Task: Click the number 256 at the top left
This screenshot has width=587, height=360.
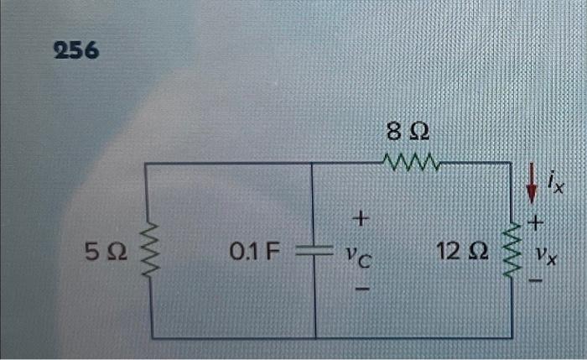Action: point(75,51)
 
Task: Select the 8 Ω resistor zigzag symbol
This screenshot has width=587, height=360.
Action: point(408,160)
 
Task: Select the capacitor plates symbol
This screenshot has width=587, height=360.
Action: point(314,249)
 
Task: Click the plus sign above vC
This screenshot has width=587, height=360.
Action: point(360,220)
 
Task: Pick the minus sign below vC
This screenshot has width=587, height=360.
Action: point(361,288)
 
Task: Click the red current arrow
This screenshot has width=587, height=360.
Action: point(530,183)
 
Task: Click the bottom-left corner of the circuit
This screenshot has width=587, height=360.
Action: point(152,337)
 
